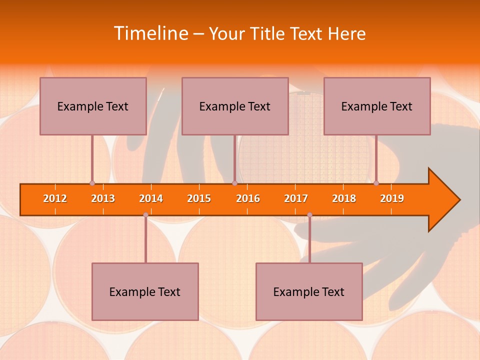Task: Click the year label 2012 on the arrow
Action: coord(55,198)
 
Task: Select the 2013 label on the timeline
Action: coord(103,198)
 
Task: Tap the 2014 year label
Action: coord(151,198)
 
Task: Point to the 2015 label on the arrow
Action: coord(199,198)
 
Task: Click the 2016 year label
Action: coord(248,198)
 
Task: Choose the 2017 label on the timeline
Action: coord(296,198)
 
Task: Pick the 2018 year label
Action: coord(344,198)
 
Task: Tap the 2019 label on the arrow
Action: coord(392,198)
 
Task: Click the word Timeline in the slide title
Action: coord(150,33)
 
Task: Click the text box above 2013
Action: coord(93,106)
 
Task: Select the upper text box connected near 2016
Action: coord(235,106)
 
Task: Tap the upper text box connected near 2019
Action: coord(377,106)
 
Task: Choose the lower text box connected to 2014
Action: coord(145,291)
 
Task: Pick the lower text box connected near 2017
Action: coord(309,291)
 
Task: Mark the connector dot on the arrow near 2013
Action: coord(92,183)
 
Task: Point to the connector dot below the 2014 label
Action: coord(145,215)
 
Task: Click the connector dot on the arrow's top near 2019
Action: coord(376,183)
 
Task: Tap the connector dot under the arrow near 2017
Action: coord(309,215)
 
